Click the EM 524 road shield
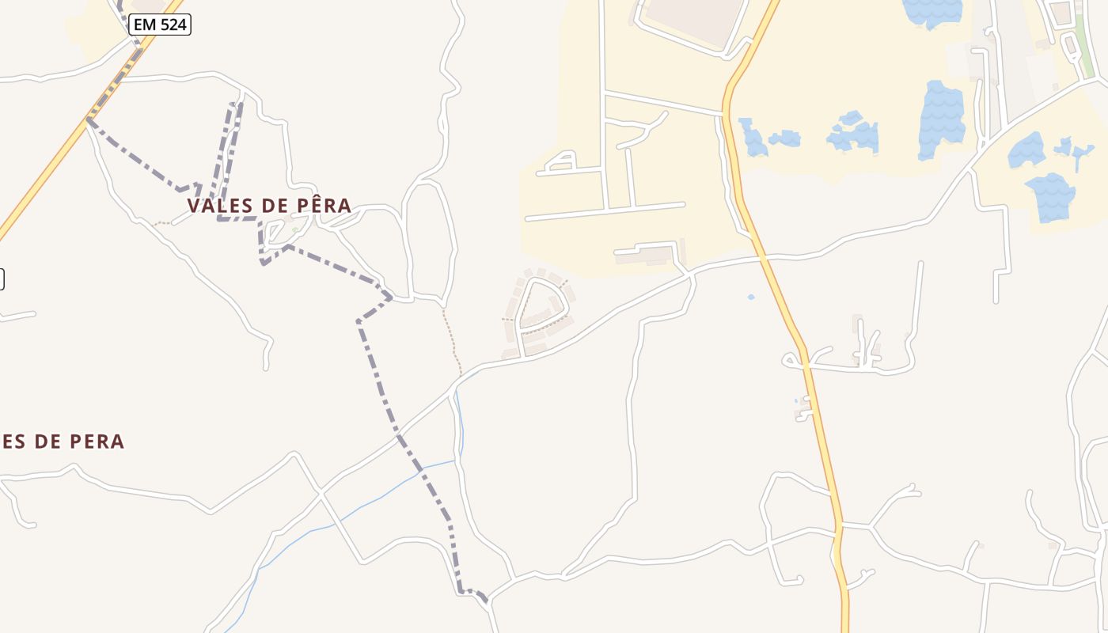point(160,25)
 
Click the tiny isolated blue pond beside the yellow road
point(750,297)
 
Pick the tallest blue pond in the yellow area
point(941,119)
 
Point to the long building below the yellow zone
point(644,256)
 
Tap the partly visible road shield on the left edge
point(2,279)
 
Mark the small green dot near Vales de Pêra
point(294,230)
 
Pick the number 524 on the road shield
point(173,25)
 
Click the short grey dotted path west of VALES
point(161,223)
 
